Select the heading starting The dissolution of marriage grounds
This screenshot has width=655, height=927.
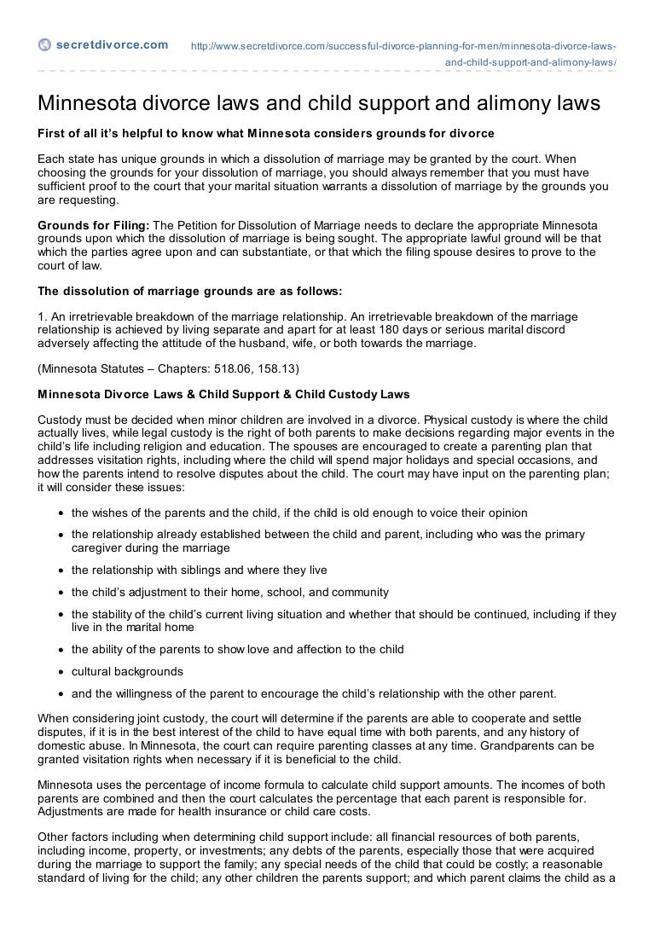coord(188,290)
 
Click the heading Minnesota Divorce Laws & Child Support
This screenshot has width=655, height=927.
coord(223,394)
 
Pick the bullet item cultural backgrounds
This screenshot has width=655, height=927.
coord(126,671)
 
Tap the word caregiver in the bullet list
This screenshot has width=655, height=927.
coord(97,548)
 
